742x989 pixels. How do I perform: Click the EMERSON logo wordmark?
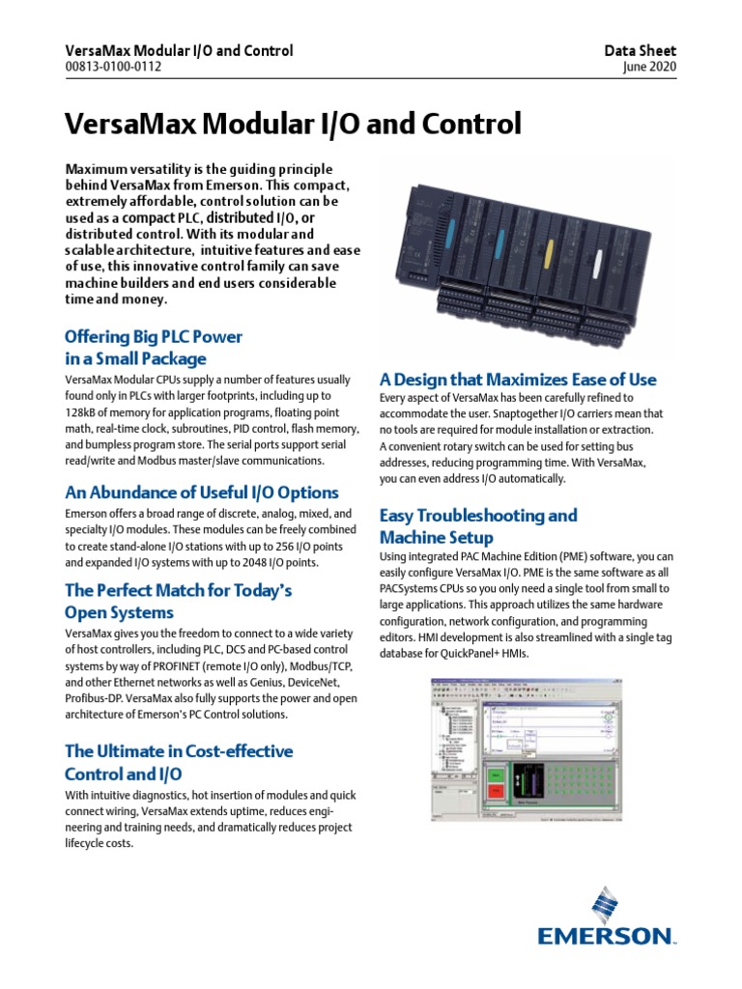606,934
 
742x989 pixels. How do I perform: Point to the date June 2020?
651,68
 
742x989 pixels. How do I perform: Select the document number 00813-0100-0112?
113,68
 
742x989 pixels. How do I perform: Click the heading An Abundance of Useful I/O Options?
201,492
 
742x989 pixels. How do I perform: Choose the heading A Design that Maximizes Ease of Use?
518,379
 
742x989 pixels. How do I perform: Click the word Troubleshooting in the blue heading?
478,515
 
